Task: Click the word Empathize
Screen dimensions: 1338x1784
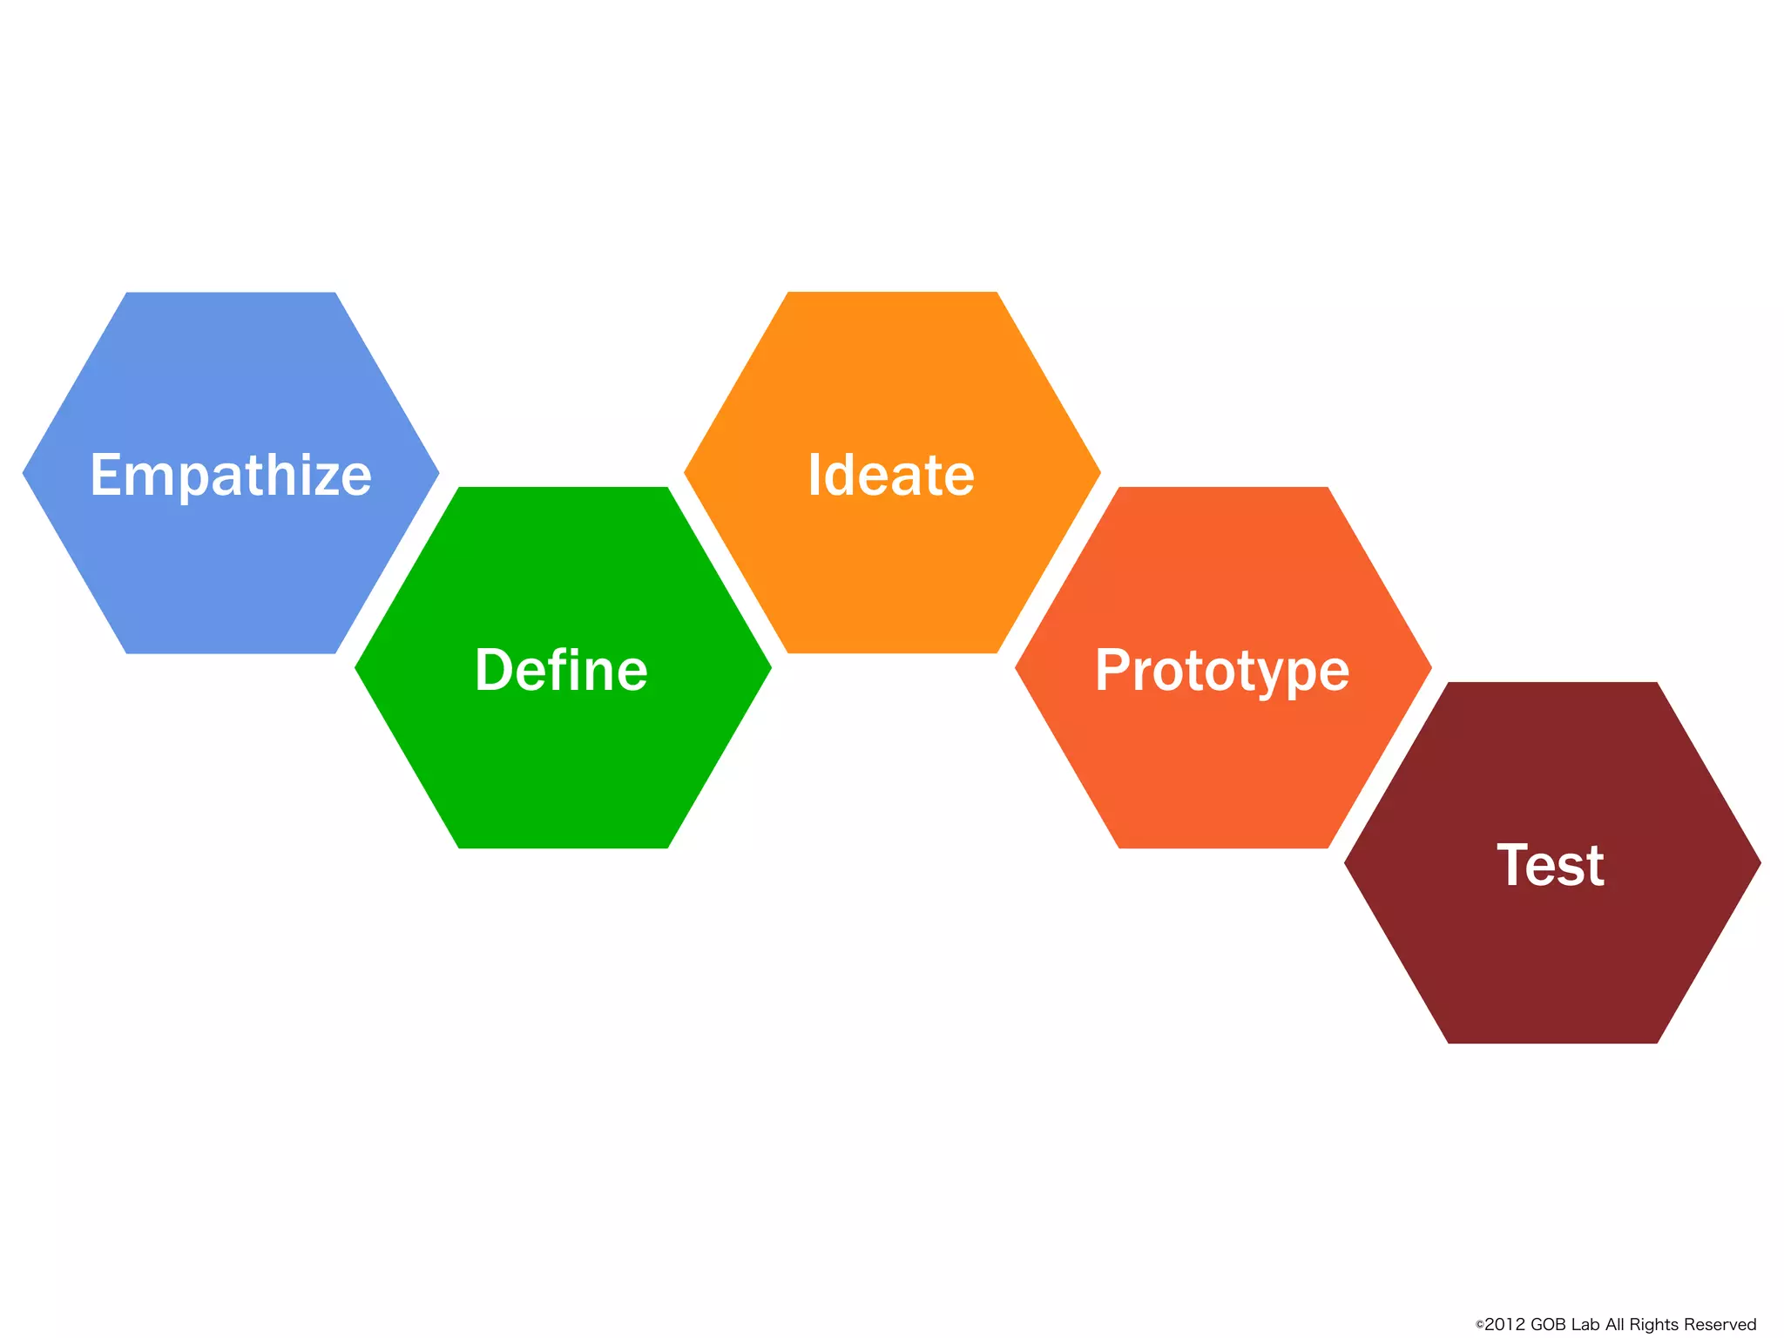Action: click(x=231, y=476)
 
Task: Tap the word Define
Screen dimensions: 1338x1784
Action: click(x=561, y=671)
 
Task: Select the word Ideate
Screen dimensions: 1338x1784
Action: click(x=891, y=476)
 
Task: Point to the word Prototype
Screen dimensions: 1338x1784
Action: click(x=1222, y=671)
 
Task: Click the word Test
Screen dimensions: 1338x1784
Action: click(x=1551, y=866)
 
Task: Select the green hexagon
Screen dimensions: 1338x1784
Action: click(x=563, y=767)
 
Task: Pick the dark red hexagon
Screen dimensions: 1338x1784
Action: click(x=1552, y=958)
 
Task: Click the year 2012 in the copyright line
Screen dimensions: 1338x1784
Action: click(x=1505, y=1325)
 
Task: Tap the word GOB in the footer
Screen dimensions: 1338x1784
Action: click(x=1549, y=1325)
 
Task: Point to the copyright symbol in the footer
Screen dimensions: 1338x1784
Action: click(x=1479, y=1326)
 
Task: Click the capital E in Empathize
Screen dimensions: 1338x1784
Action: click(x=105, y=476)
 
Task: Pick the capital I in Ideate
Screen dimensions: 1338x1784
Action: click(x=814, y=476)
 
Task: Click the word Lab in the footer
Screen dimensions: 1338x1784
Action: click(x=1585, y=1325)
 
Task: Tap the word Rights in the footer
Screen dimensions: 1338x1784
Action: click(x=1654, y=1325)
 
